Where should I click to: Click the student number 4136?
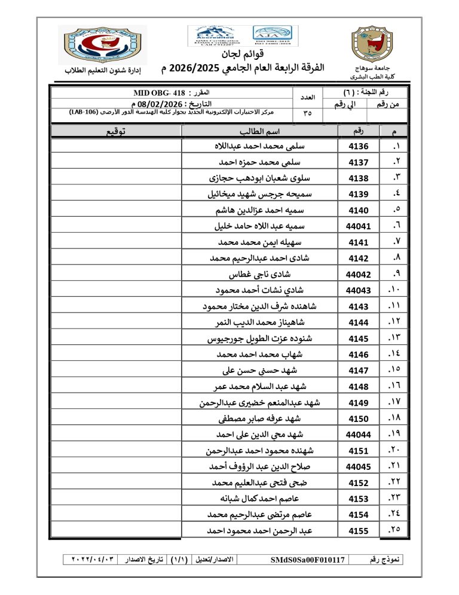[x=359, y=147]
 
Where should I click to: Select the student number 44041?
[x=359, y=227]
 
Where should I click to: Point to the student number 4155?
[x=359, y=531]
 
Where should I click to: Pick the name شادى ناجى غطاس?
[x=260, y=275]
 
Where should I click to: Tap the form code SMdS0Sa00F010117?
[x=308, y=560]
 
